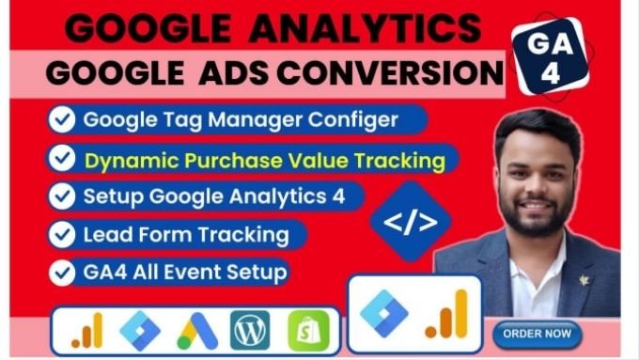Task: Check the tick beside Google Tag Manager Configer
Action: tap(62, 120)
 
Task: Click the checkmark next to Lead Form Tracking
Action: tap(62, 234)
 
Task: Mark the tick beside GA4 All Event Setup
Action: tap(62, 272)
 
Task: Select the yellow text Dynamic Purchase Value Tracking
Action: tap(264, 160)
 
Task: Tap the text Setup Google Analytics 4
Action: tap(214, 196)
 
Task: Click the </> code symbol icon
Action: tap(410, 222)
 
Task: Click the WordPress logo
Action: tap(249, 330)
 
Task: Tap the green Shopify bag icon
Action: tap(308, 330)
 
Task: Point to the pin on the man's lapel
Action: tap(584, 279)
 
